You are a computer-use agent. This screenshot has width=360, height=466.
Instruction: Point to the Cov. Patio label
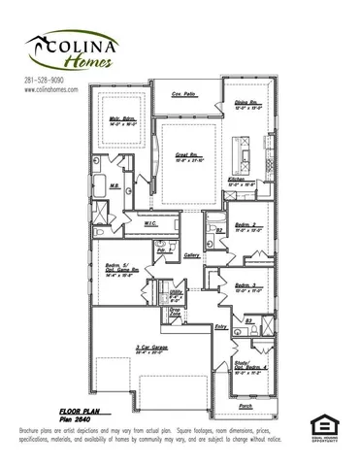click(183, 94)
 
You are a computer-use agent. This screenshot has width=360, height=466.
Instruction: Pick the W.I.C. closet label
click(151, 224)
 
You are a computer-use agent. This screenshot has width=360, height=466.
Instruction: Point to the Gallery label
click(191, 255)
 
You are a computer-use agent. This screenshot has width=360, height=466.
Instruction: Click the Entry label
click(219, 327)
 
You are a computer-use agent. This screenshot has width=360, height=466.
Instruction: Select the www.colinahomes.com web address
click(49, 89)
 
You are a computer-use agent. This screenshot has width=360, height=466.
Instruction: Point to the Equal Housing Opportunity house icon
click(321, 423)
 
